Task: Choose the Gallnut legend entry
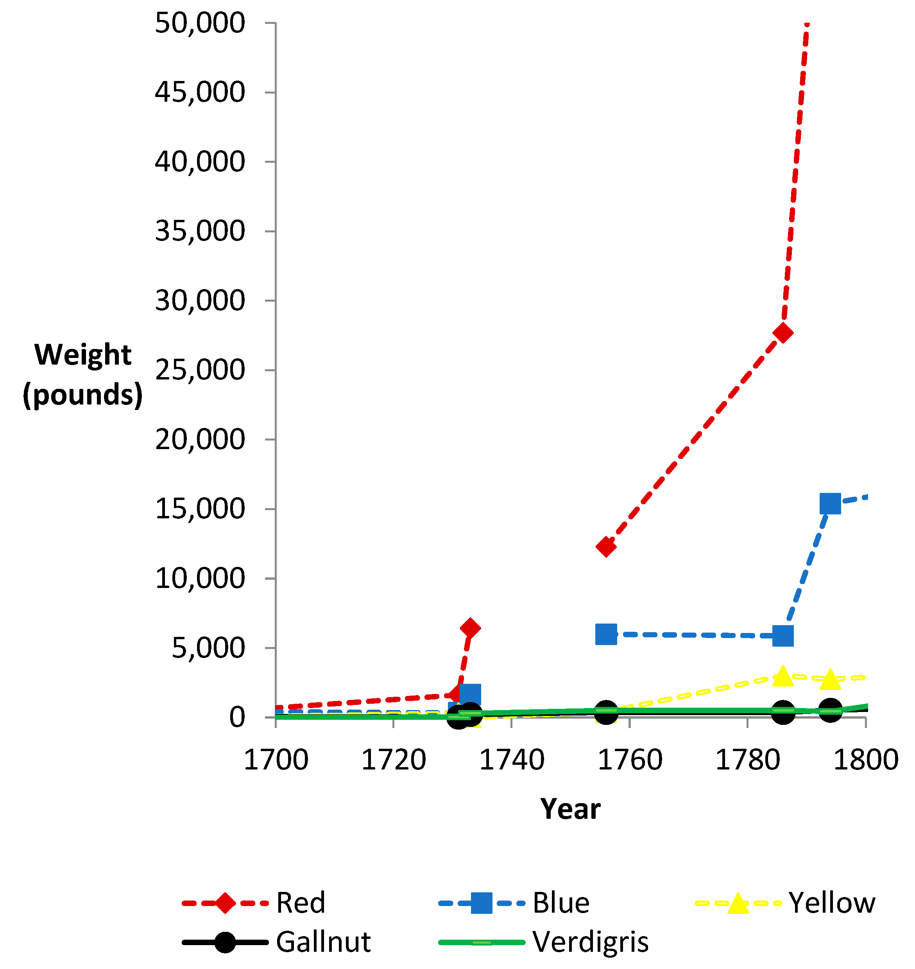pos(277,942)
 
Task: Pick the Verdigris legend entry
pos(544,942)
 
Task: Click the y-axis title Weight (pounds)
pos(83,375)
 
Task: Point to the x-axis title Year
pos(570,809)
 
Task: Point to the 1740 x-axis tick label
pos(512,760)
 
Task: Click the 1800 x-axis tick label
pos(866,760)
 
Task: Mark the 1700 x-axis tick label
pos(276,760)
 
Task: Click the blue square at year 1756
pos(606,634)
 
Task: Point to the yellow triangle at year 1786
pos(783,675)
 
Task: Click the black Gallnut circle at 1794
pos(830,709)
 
